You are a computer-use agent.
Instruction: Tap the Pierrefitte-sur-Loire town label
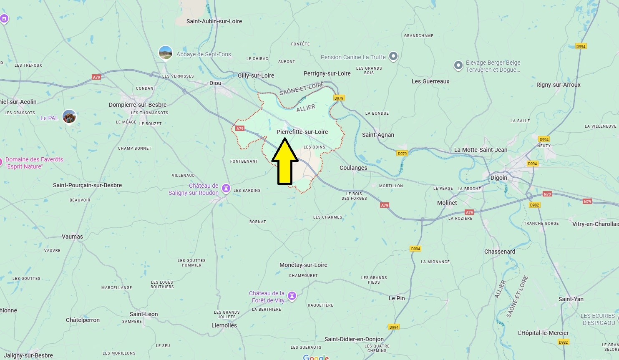point(302,132)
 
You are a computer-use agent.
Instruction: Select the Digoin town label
point(498,178)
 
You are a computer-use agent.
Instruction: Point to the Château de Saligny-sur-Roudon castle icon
point(226,189)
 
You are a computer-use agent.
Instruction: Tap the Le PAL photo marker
point(69,117)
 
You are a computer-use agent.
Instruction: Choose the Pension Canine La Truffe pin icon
point(393,56)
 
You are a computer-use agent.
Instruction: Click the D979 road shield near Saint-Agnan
point(402,154)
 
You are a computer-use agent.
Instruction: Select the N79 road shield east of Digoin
point(587,201)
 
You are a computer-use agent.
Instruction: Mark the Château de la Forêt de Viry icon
point(292,296)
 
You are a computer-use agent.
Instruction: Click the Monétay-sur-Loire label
point(303,265)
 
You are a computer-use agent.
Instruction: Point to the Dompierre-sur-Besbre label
point(138,105)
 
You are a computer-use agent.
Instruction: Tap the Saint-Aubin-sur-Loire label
point(214,21)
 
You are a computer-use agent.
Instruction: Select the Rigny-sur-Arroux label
point(558,85)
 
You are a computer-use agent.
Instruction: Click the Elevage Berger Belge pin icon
point(458,65)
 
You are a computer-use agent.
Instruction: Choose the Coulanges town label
point(353,168)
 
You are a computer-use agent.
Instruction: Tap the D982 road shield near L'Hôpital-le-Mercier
point(563,342)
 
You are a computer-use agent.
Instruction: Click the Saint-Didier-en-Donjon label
point(354,339)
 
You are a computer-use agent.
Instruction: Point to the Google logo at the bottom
point(316,357)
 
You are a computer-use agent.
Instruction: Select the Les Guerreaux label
point(430,81)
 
